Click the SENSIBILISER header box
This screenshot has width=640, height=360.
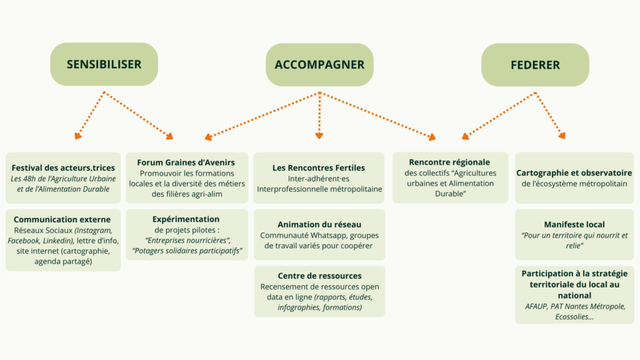click(x=104, y=64)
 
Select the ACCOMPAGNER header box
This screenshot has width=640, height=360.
click(x=319, y=64)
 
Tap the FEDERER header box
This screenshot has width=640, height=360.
click(x=535, y=64)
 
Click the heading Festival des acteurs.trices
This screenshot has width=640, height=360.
click(x=63, y=167)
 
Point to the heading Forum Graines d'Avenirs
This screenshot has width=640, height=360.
click(x=186, y=162)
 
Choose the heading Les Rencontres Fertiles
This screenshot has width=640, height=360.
click(x=319, y=167)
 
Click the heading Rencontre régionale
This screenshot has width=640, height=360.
click(x=449, y=162)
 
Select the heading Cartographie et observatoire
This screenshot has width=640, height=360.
click(x=574, y=172)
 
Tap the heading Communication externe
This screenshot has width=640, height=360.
click(x=62, y=219)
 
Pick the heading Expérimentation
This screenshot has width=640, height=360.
click(x=186, y=219)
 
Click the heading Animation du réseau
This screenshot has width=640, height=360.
click(x=319, y=224)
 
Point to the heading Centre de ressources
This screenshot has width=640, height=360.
click(x=319, y=276)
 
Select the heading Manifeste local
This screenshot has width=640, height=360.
click(x=574, y=224)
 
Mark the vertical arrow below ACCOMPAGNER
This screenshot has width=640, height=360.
click(x=319, y=116)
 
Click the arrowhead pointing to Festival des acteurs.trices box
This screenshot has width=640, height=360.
click(x=77, y=135)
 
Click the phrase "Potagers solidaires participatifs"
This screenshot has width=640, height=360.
click(x=187, y=251)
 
